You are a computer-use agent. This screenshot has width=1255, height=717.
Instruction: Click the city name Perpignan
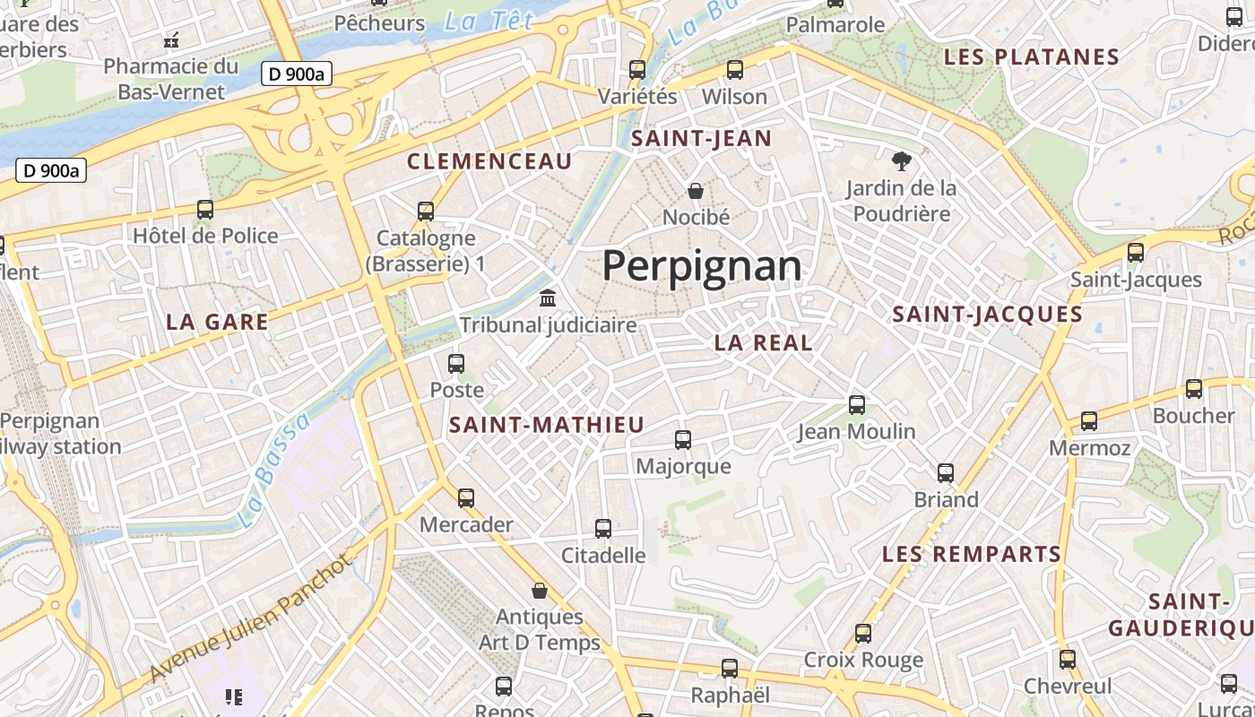click(701, 266)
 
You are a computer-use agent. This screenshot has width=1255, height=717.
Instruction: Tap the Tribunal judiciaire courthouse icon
click(547, 298)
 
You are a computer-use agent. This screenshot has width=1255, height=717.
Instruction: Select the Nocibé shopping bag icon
click(695, 190)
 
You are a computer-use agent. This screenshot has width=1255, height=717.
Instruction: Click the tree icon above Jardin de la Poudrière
click(901, 161)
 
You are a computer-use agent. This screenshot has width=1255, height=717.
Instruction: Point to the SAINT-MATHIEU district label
click(547, 425)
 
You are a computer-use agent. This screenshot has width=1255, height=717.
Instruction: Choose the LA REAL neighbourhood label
click(763, 342)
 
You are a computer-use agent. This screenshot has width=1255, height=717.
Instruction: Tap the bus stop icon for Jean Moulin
click(856, 405)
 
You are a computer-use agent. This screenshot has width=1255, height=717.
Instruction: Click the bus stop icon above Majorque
click(682, 439)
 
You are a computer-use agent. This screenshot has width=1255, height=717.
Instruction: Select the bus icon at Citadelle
click(603, 529)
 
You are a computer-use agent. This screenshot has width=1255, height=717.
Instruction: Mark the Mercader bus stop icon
click(465, 498)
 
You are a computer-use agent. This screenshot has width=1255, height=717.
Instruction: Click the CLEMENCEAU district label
click(489, 162)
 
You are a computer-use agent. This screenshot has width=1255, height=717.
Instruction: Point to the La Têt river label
click(489, 22)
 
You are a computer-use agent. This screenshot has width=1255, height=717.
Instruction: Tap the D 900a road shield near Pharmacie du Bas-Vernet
click(297, 74)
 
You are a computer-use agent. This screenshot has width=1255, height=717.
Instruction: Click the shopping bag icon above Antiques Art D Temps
click(539, 591)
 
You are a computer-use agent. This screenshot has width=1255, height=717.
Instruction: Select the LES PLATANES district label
click(1032, 57)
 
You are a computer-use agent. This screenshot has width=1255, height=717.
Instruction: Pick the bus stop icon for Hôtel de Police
click(205, 210)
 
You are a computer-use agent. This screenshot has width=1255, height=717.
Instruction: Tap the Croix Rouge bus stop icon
click(862, 634)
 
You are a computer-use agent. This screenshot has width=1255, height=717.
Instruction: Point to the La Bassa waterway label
click(274, 471)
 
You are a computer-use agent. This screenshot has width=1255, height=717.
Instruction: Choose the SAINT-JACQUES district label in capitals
click(987, 315)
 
